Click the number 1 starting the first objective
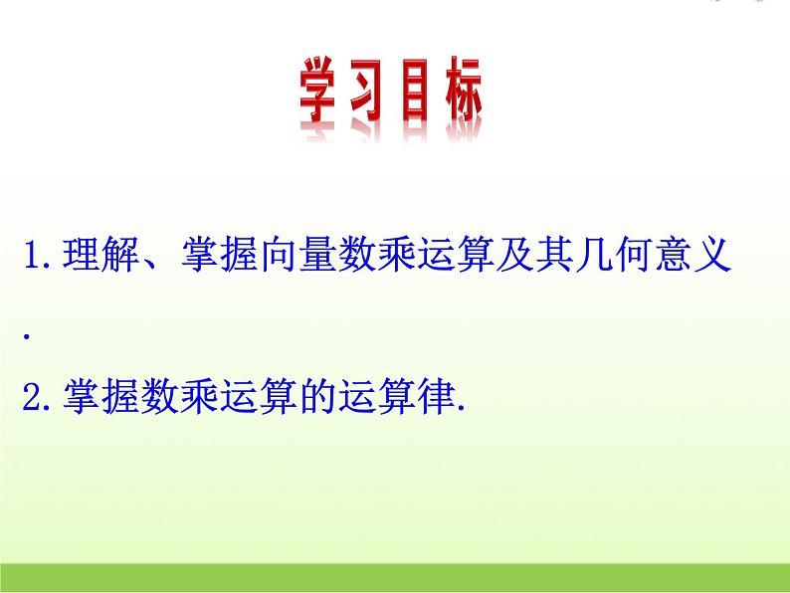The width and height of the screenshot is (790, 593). pos(31,257)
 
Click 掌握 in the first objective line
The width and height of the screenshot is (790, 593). pos(219,257)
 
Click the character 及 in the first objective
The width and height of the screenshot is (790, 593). pos(516,257)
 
